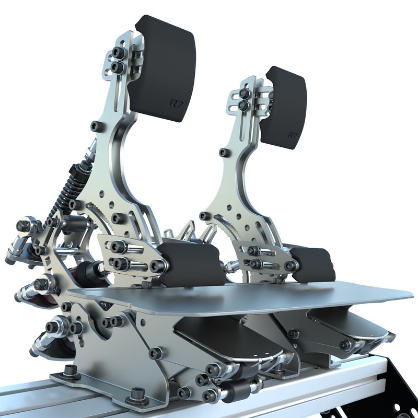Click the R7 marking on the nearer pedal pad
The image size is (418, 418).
[x=176, y=103]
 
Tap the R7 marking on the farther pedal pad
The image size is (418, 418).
[x=293, y=135]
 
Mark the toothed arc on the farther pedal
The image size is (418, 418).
[x=226, y=224]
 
